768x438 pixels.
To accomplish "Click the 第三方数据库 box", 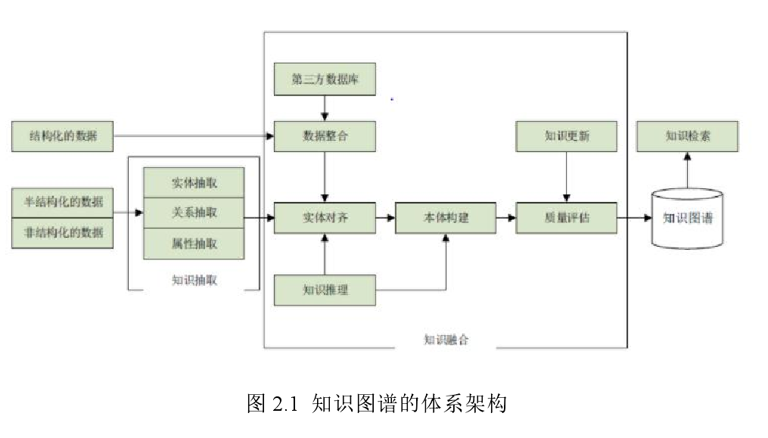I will tap(325, 79).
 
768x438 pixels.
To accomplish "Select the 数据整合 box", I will tap(325, 137).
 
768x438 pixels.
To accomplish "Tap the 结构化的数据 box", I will tap(62, 136).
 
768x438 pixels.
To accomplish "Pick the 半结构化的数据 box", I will tap(62, 203).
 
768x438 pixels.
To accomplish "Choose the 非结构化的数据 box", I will tap(62, 232).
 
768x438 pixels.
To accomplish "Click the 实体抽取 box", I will tap(194, 182).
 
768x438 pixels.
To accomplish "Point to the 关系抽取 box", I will tap(194, 213).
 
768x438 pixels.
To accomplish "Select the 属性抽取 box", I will tap(194, 244).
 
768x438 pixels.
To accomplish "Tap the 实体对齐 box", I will tap(325, 218).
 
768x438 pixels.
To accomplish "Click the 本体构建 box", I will tap(445, 218).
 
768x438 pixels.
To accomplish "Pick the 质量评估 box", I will tap(566, 218).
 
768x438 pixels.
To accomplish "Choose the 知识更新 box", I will tap(566, 137).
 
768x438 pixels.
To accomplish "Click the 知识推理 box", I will tap(325, 290).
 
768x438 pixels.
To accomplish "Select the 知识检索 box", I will tap(687, 137).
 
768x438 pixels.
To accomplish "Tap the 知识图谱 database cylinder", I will tap(687, 219).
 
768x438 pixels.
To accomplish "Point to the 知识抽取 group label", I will tap(194, 280).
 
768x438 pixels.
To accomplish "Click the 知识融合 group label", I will tap(446, 340).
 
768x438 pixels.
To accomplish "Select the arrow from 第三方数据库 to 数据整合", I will tap(325, 108).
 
